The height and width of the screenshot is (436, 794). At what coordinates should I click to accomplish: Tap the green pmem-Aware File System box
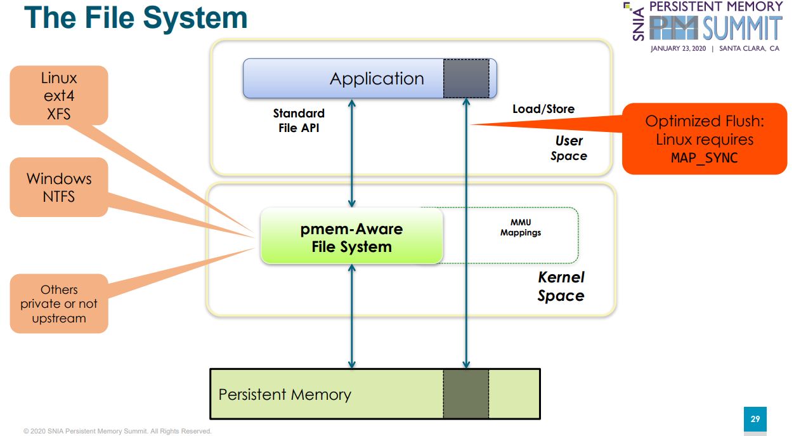point(351,237)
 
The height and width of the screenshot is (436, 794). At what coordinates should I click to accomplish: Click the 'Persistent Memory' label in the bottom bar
point(285,395)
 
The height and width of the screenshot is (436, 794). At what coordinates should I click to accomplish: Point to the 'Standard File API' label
point(299,121)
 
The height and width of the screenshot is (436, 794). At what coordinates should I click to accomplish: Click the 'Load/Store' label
point(543,109)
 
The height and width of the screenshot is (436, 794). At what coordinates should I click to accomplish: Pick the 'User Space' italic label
point(569,149)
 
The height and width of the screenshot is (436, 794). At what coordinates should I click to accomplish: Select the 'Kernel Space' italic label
point(561,286)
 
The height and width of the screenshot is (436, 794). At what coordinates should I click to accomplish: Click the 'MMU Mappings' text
point(521,227)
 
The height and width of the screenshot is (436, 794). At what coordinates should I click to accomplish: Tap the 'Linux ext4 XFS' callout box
point(59,96)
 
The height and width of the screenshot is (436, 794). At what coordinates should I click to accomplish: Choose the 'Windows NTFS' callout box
point(59,187)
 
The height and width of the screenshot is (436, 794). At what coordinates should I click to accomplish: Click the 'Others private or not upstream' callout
point(59,303)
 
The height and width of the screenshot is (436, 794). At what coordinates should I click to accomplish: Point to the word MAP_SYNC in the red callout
point(704,157)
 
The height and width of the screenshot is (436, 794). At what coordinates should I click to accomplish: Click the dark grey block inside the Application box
point(466,78)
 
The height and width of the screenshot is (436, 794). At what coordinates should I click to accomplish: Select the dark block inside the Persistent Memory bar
point(466,393)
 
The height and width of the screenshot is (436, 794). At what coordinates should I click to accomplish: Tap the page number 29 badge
point(755,419)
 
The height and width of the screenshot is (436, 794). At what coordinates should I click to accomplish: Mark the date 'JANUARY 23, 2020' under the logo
point(678,49)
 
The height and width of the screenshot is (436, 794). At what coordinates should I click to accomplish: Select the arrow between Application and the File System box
point(352,152)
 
